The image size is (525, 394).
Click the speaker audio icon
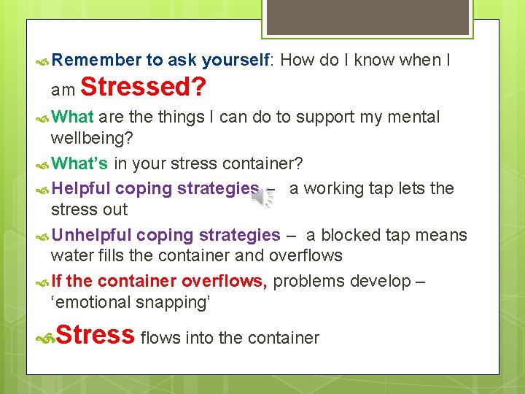[263, 196]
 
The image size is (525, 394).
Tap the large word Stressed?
[143, 88]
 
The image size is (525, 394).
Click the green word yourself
[236, 61]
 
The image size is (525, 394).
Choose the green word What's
[80, 162]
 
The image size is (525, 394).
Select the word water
[71, 255]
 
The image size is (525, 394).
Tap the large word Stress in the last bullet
[95, 335]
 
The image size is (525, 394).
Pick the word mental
[414, 117]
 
